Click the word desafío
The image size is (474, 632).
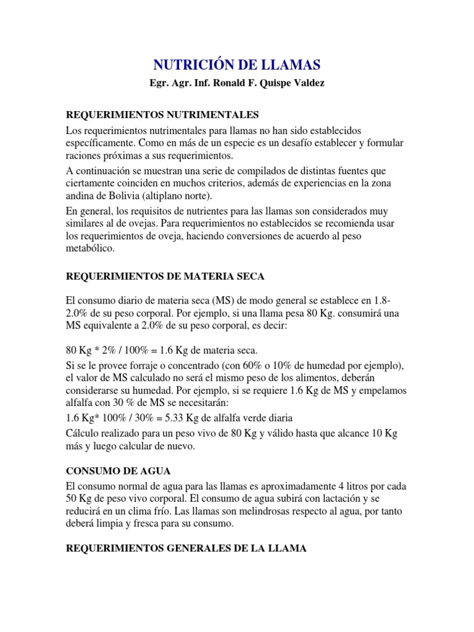point(289,143)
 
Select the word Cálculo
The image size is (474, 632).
point(85,434)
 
